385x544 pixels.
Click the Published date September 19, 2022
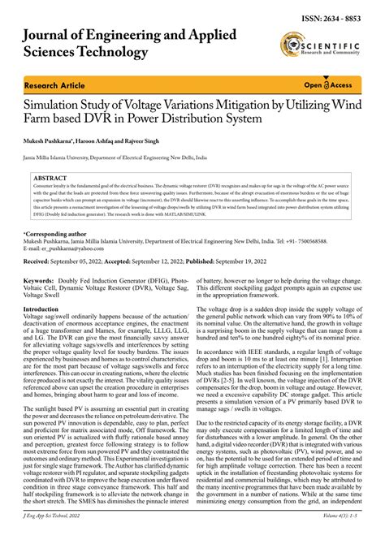tap(267, 262)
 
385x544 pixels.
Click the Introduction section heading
tap(46, 309)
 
